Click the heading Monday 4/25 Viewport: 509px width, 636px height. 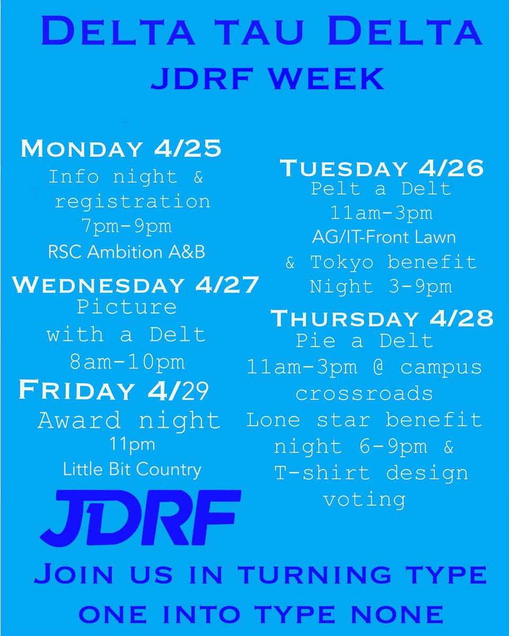pyautogui.click(x=121, y=149)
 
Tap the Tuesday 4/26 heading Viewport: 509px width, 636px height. pyautogui.click(x=382, y=168)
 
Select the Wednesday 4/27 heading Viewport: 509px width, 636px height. pyautogui.click(x=136, y=285)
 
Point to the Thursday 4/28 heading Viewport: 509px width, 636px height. pyautogui.click(x=382, y=319)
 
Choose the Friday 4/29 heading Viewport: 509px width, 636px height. pyautogui.click(x=113, y=390)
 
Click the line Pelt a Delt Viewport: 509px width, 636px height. pyautogui.click(x=381, y=189)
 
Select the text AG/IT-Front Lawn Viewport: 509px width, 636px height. pyautogui.click(x=384, y=237)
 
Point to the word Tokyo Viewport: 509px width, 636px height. pyautogui.click(x=343, y=262)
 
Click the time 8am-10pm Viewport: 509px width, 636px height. pyautogui.click(x=128, y=362)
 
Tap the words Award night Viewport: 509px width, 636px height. pyautogui.click(x=129, y=421)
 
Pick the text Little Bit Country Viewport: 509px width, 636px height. pyautogui.click(x=132, y=469)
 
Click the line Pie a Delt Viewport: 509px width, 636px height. pyautogui.click(x=365, y=341)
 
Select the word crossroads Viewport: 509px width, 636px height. pyautogui.click(x=364, y=394)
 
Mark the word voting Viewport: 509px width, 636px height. pyautogui.click(x=364, y=499)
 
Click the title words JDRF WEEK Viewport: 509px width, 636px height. pyautogui.click(x=268, y=78)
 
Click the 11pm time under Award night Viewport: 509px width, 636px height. pyautogui.click(x=131, y=444)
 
